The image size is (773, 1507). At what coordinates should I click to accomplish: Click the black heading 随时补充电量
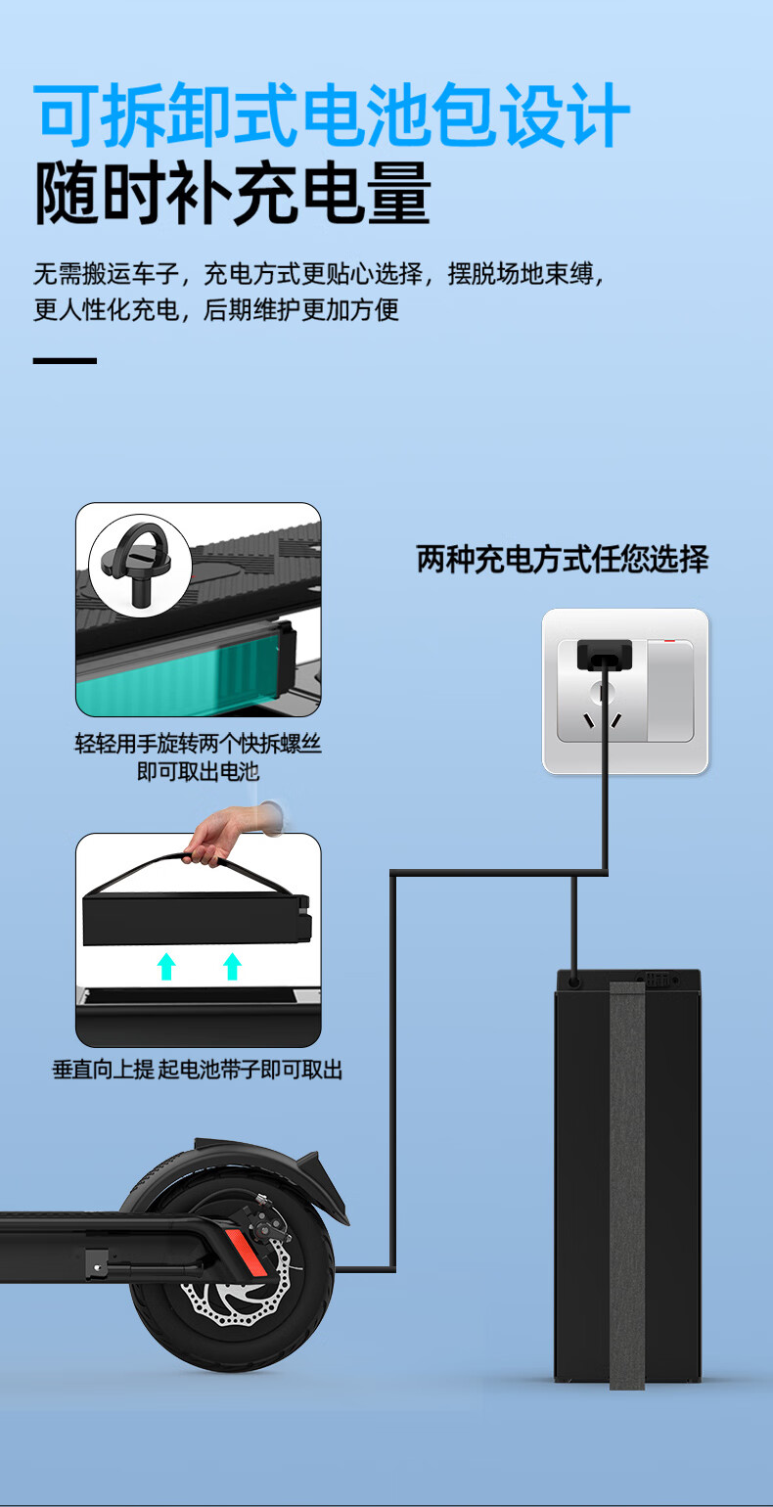(x=232, y=193)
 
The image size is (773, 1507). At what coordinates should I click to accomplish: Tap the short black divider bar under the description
(x=65, y=360)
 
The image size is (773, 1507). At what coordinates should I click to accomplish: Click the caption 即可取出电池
(x=198, y=772)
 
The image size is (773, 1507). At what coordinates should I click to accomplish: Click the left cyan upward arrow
(x=166, y=966)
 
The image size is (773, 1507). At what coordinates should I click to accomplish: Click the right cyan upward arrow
(x=232, y=966)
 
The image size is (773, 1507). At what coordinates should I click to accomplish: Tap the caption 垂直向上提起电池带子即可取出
(x=198, y=1069)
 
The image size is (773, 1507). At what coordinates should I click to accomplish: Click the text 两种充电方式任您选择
(x=562, y=559)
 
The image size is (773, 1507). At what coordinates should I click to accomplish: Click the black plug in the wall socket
(x=604, y=655)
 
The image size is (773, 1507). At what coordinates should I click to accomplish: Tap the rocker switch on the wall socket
(x=670, y=691)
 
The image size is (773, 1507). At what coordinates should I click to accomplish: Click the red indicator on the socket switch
(x=669, y=641)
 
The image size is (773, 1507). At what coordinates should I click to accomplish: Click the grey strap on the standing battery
(x=627, y=1185)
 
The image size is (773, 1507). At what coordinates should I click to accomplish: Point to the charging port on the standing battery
(x=574, y=982)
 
